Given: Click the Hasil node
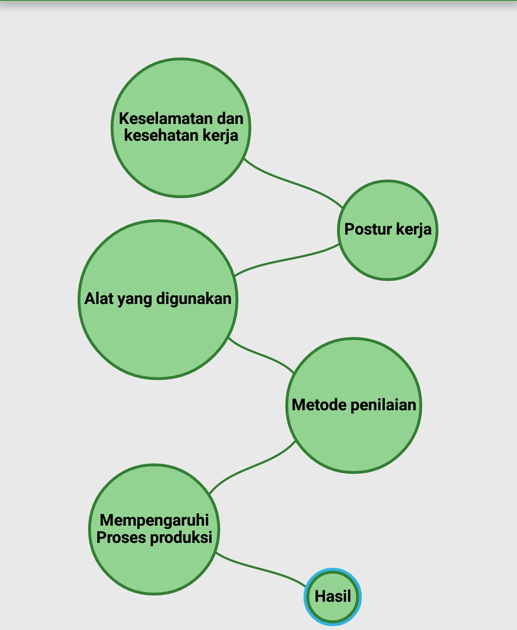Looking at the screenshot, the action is point(333,596).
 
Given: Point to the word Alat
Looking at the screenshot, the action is point(99,299).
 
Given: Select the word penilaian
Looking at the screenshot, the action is point(383,405).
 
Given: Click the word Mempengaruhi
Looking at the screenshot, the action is point(154,520).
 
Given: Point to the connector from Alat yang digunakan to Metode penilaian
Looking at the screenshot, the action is point(261,354).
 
